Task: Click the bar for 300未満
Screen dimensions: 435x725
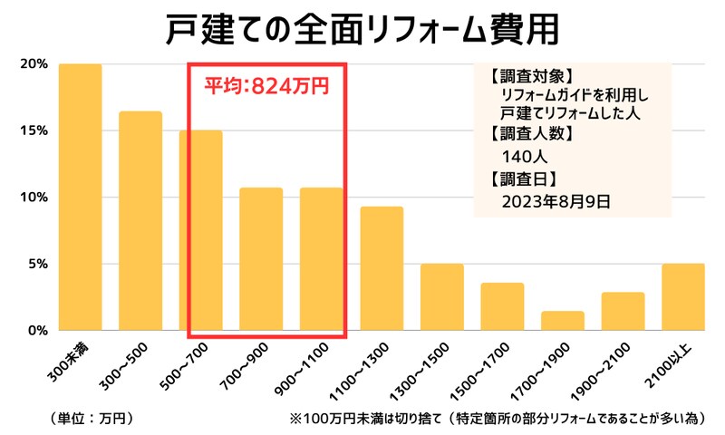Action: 80,198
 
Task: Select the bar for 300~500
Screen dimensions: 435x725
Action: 140,221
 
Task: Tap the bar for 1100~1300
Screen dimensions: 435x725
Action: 382,269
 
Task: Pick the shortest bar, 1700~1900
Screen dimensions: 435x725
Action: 563,321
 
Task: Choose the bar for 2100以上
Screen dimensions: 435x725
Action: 683,297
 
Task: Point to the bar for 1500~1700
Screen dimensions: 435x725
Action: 502,307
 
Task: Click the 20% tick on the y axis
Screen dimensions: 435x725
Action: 33,64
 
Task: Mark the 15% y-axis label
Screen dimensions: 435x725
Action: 33,130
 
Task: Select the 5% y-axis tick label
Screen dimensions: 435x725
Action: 36,265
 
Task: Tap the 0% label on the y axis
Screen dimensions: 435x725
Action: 36,331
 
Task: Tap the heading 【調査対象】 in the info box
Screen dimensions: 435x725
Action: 525,75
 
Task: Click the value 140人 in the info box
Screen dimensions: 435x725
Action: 524,156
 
